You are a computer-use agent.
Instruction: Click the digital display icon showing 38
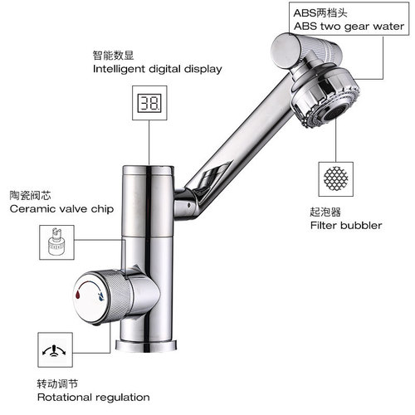[x=150, y=105]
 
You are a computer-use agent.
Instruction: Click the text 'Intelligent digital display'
[x=157, y=69]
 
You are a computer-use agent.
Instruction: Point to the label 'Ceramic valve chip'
[x=61, y=209]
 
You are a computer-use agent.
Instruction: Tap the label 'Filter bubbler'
[x=346, y=225]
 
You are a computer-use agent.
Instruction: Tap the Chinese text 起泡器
[x=326, y=211]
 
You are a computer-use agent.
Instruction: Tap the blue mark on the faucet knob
[x=100, y=294]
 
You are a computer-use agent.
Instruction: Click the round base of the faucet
[x=150, y=342]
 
